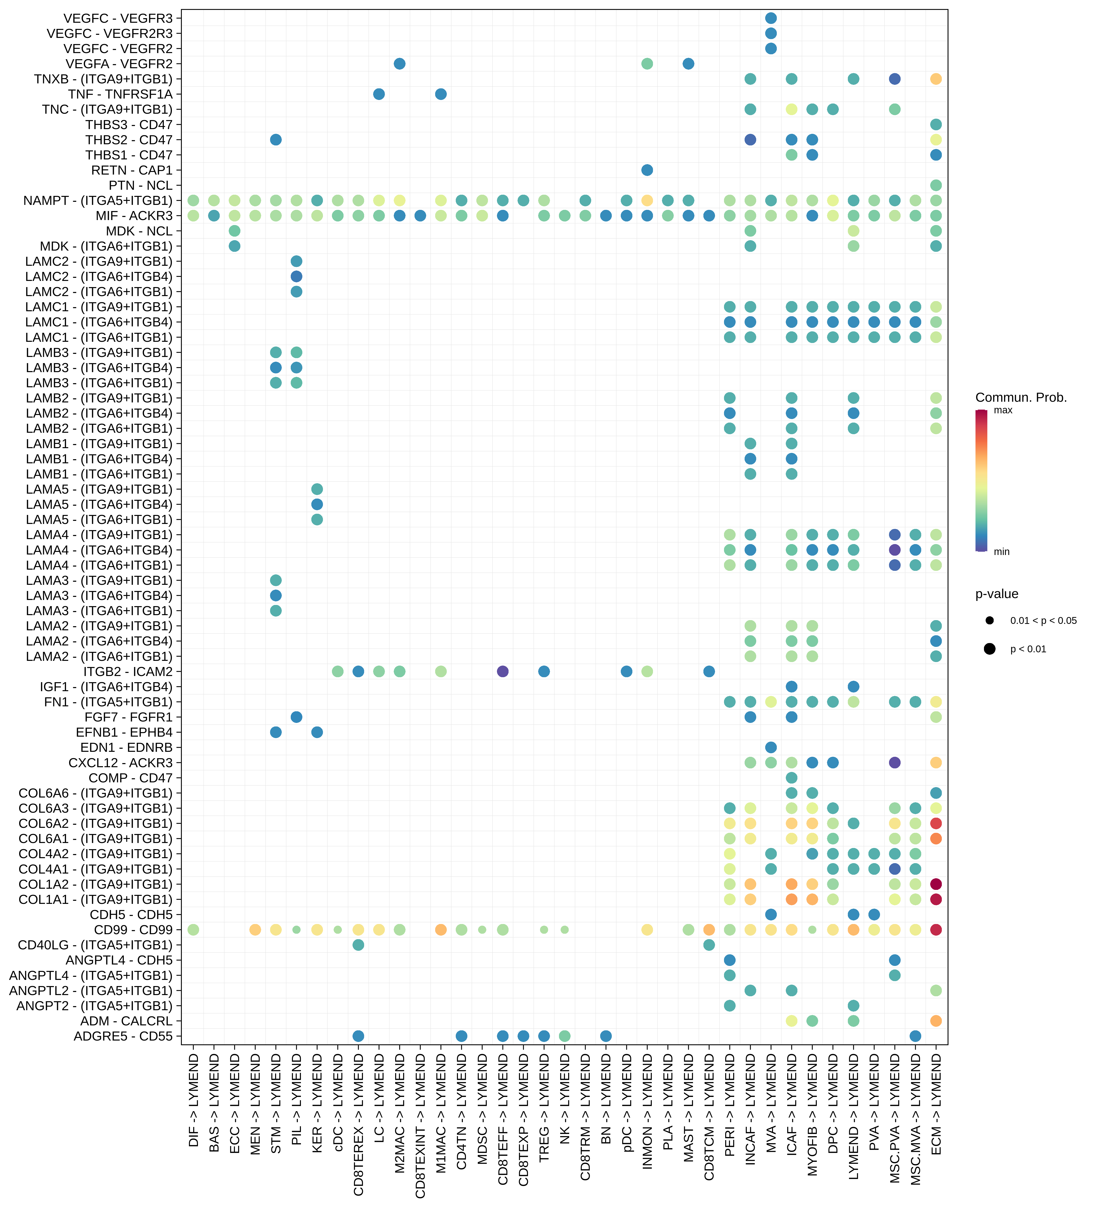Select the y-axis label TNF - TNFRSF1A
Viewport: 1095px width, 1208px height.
[x=121, y=94]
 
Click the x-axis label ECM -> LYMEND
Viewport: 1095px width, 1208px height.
[x=936, y=1104]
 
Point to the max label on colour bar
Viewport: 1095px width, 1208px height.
[x=1003, y=410]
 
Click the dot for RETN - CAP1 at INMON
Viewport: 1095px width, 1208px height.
[x=647, y=170]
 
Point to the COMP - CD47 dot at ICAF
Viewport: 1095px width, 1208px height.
[x=791, y=778]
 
